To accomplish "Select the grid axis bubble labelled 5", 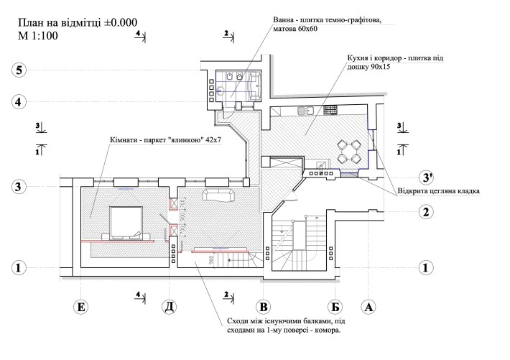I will click(19, 70).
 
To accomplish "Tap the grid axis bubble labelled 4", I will click(19, 101).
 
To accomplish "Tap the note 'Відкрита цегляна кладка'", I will click(438, 191).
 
